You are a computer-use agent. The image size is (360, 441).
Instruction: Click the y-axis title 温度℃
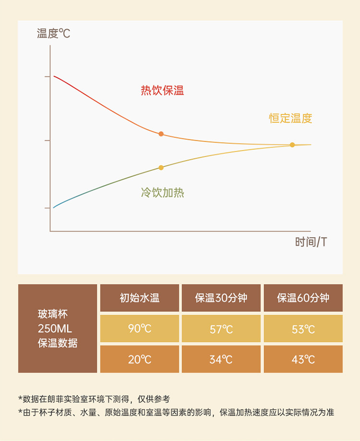click(53, 34)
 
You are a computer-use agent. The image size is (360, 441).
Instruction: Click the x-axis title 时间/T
click(311, 242)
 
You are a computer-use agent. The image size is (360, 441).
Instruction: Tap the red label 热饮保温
click(162, 90)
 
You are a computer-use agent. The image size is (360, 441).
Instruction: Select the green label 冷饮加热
click(162, 193)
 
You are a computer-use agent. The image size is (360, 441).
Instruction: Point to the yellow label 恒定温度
click(290, 118)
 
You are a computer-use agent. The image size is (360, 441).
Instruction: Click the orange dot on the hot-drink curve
click(161, 134)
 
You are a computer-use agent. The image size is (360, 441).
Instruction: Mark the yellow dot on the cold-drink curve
click(161, 168)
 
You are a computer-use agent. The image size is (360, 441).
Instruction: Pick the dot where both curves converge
click(292, 145)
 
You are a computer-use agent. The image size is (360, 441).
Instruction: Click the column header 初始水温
click(140, 298)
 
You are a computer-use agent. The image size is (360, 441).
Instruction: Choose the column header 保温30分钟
click(221, 298)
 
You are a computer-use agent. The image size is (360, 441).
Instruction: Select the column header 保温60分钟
click(303, 298)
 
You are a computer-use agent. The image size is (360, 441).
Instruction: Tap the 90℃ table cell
click(140, 329)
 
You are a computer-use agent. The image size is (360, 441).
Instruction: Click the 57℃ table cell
click(221, 329)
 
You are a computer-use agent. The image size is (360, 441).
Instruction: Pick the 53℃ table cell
click(303, 329)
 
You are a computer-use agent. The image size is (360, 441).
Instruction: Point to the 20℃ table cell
click(140, 359)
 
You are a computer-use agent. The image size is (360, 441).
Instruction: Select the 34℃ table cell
click(221, 359)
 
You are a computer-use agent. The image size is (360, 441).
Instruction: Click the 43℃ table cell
click(303, 359)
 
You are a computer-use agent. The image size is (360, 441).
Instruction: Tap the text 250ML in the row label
click(55, 329)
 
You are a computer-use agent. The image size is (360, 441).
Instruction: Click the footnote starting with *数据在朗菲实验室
click(94, 399)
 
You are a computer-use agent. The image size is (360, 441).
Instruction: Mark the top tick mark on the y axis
click(47, 76)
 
